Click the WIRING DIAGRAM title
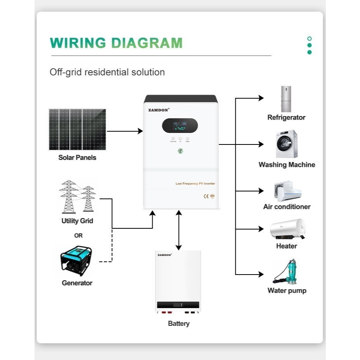point(116,43)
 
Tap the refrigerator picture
point(286,99)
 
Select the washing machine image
point(287,144)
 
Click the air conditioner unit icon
point(287,190)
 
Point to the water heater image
point(287,229)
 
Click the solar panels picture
point(77,129)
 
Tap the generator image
point(77,261)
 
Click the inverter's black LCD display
point(180,125)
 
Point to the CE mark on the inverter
point(206,196)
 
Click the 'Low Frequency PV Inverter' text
point(195,183)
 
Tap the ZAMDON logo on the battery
point(165,255)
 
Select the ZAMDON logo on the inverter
point(158,110)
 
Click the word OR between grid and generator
point(78,235)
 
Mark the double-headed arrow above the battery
point(178,230)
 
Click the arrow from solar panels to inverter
point(125,131)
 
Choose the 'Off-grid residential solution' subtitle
point(107,72)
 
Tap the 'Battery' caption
point(179,323)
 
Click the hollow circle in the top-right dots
point(309,39)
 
